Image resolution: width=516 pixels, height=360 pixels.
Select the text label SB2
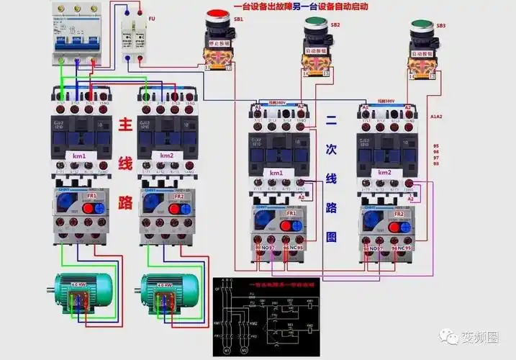(335, 24)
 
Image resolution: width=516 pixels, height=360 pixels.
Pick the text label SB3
(440, 25)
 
